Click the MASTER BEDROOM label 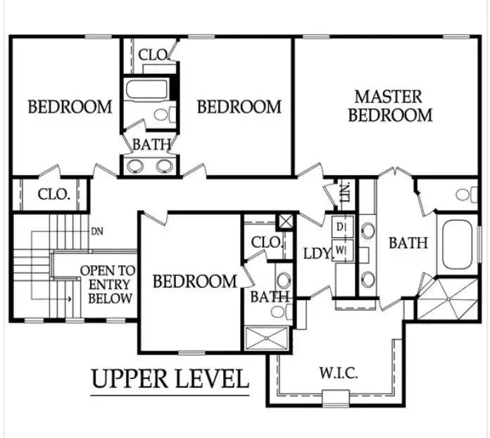390,106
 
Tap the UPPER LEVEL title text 170,379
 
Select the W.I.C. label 339,373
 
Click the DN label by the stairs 97,232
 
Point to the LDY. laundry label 318,254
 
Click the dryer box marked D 342,227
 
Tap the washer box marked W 342,250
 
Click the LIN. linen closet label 346,192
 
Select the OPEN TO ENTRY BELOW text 108,284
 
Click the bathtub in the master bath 457,245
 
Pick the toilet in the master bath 467,194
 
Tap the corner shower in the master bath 448,299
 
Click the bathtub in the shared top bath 146,89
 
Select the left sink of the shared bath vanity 135,165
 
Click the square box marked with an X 285,222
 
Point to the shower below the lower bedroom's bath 266,338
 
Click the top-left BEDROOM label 70,107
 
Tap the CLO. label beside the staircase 54,194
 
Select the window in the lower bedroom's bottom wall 191,353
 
